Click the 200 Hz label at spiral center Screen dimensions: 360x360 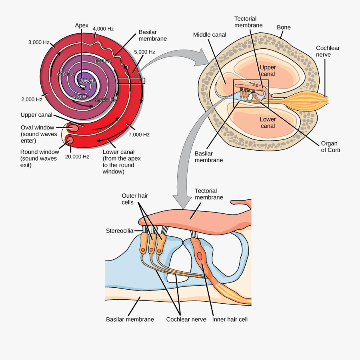point(87,81)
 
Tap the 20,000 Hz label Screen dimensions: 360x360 point(77,157)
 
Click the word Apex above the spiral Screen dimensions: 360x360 point(82,26)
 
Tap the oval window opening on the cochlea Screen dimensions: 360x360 point(74,128)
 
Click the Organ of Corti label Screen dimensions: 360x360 point(329,147)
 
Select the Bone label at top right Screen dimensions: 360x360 point(284,28)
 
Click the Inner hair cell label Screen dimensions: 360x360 point(230,320)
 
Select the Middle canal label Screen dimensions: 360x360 point(210,35)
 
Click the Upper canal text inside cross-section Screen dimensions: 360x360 point(268,71)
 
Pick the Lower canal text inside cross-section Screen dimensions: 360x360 point(268,123)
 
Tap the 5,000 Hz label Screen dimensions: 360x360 point(144,52)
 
